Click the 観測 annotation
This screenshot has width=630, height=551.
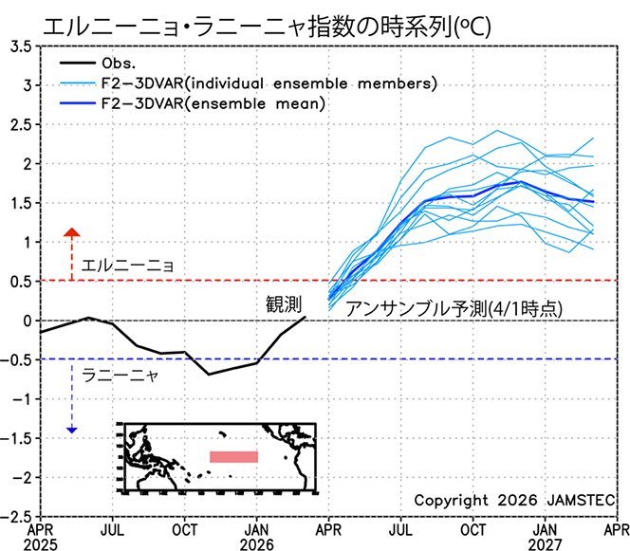[x=284, y=304]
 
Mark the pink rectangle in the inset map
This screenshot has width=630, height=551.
[x=233, y=457]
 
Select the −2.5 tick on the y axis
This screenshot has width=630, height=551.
[x=17, y=517]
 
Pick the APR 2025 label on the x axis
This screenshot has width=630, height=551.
[x=40, y=536]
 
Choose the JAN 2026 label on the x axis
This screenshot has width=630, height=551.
[x=257, y=536]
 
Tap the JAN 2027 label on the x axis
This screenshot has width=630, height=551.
[x=545, y=536]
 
